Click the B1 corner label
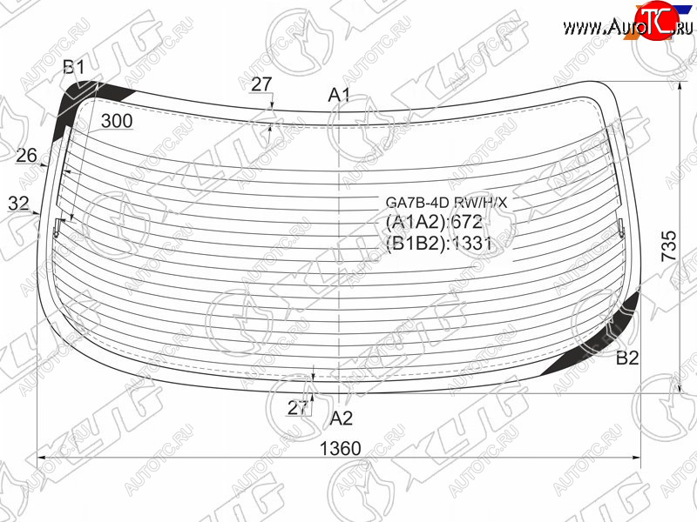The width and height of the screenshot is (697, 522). pyautogui.click(x=74, y=68)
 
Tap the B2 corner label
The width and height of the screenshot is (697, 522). pyautogui.click(x=627, y=358)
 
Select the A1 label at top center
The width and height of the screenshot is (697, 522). pyautogui.click(x=339, y=95)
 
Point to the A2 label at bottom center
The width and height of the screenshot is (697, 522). pyautogui.click(x=342, y=418)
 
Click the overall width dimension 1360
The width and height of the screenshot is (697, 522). pyautogui.click(x=341, y=448)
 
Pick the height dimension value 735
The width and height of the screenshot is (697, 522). pyautogui.click(x=668, y=245)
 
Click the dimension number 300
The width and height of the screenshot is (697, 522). pyautogui.click(x=117, y=121)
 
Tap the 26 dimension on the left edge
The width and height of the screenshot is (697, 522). pyautogui.click(x=27, y=156)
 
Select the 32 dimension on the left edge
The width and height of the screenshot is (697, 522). pyautogui.click(x=18, y=204)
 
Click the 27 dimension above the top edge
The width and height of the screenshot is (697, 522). pyautogui.click(x=261, y=84)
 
